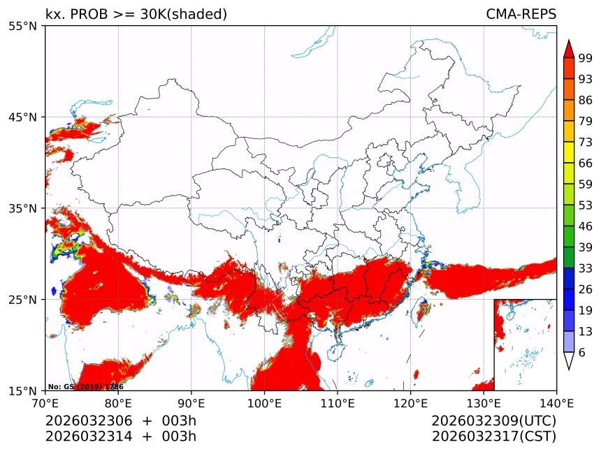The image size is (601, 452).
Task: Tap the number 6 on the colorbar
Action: pos(581,352)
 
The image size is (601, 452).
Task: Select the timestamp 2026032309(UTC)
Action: pos(493,421)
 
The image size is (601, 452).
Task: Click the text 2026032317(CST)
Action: pos(493,437)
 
